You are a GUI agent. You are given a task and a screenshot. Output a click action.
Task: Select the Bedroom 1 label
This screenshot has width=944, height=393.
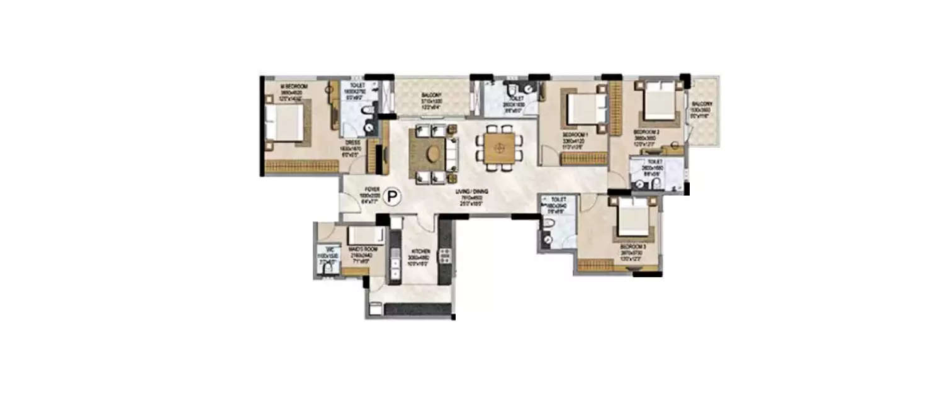(x=575, y=135)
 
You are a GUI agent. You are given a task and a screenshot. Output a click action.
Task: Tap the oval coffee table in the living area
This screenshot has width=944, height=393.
(x=432, y=153)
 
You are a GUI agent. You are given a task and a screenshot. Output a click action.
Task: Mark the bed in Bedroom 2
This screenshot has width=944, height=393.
(x=659, y=102)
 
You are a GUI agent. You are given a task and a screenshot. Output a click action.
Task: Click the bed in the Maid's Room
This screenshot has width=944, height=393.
(x=367, y=235)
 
